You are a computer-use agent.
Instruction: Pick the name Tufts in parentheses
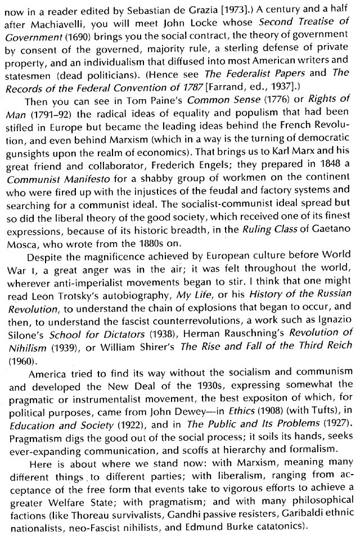pyautogui.click(x=326, y=403)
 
